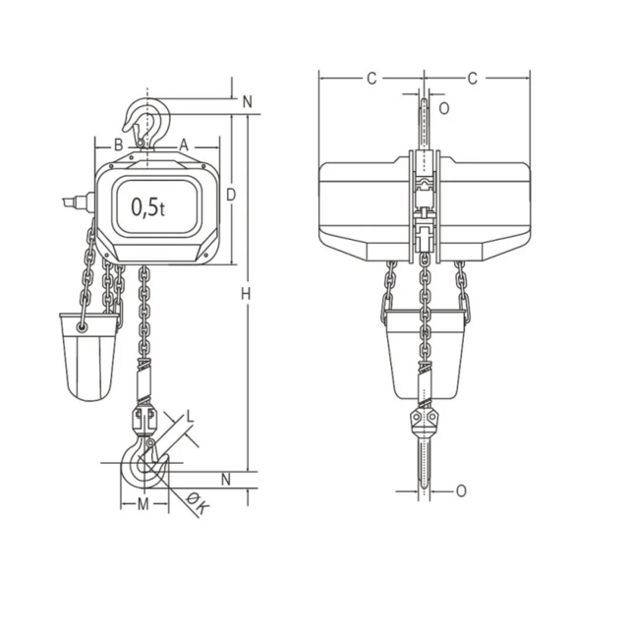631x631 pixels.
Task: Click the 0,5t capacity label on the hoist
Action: tap(148, 207)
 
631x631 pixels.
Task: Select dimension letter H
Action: tap(247, 295)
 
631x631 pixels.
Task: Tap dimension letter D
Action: tap(230, 196)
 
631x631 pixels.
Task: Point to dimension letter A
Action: tap(183, 143)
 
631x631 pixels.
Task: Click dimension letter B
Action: tap(118, 143)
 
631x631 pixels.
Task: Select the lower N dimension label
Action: tap(226, 480)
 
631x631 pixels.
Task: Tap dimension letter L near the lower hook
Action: tap(190, 417)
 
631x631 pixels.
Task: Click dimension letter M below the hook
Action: tap(143, 504)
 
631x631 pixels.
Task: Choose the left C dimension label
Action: tap(372, 79)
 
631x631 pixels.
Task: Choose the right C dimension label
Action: tap(473, 79)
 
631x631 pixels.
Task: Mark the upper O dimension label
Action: tap(443, 108)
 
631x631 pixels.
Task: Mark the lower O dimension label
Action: tap(462, 490)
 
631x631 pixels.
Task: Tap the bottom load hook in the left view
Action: tap(143, 466)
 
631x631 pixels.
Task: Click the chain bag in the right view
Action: tap(425, 354)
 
